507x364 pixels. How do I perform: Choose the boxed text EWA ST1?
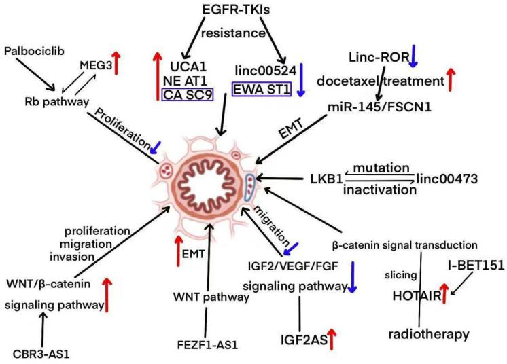pos(263,90)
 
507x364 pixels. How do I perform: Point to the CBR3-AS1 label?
pos(42,353)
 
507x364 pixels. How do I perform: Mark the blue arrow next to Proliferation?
pos(156,145)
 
